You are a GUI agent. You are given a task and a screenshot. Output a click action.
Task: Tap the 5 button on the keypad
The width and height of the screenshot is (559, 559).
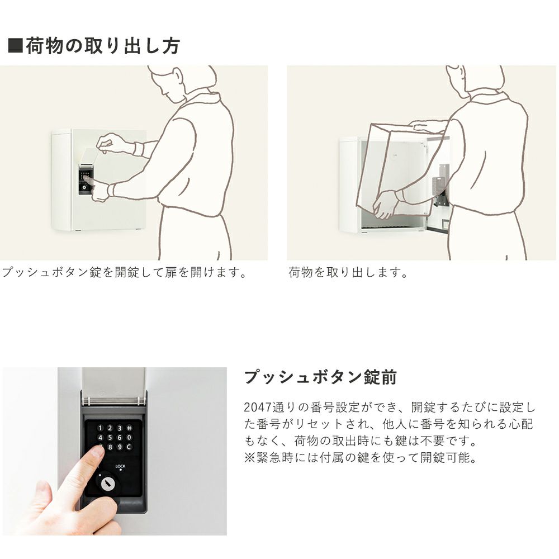point(110,438)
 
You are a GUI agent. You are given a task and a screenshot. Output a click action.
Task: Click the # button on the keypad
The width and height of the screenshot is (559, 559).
point(130,428)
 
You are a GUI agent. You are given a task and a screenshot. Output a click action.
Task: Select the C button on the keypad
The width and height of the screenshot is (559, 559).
point(129,447)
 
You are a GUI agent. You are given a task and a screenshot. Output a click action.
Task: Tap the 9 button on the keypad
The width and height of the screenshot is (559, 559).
point(120,447)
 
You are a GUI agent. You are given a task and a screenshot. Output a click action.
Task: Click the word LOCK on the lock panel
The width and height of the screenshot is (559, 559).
point(121,466)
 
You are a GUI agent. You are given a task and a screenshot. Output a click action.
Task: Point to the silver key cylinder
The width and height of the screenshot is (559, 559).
point(107,484)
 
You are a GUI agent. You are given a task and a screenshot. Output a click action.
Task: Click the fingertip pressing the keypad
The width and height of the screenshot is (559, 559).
point(96,452)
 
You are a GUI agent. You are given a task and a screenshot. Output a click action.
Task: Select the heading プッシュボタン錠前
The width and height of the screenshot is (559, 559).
point(320,377)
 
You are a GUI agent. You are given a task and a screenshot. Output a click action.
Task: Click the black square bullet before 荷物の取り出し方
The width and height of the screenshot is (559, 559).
point(15,45)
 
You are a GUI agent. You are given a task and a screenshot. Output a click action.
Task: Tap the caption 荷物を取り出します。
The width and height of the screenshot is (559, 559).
point(348,272)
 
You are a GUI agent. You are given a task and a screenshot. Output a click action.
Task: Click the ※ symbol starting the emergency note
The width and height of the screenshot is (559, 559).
point(249,457)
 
